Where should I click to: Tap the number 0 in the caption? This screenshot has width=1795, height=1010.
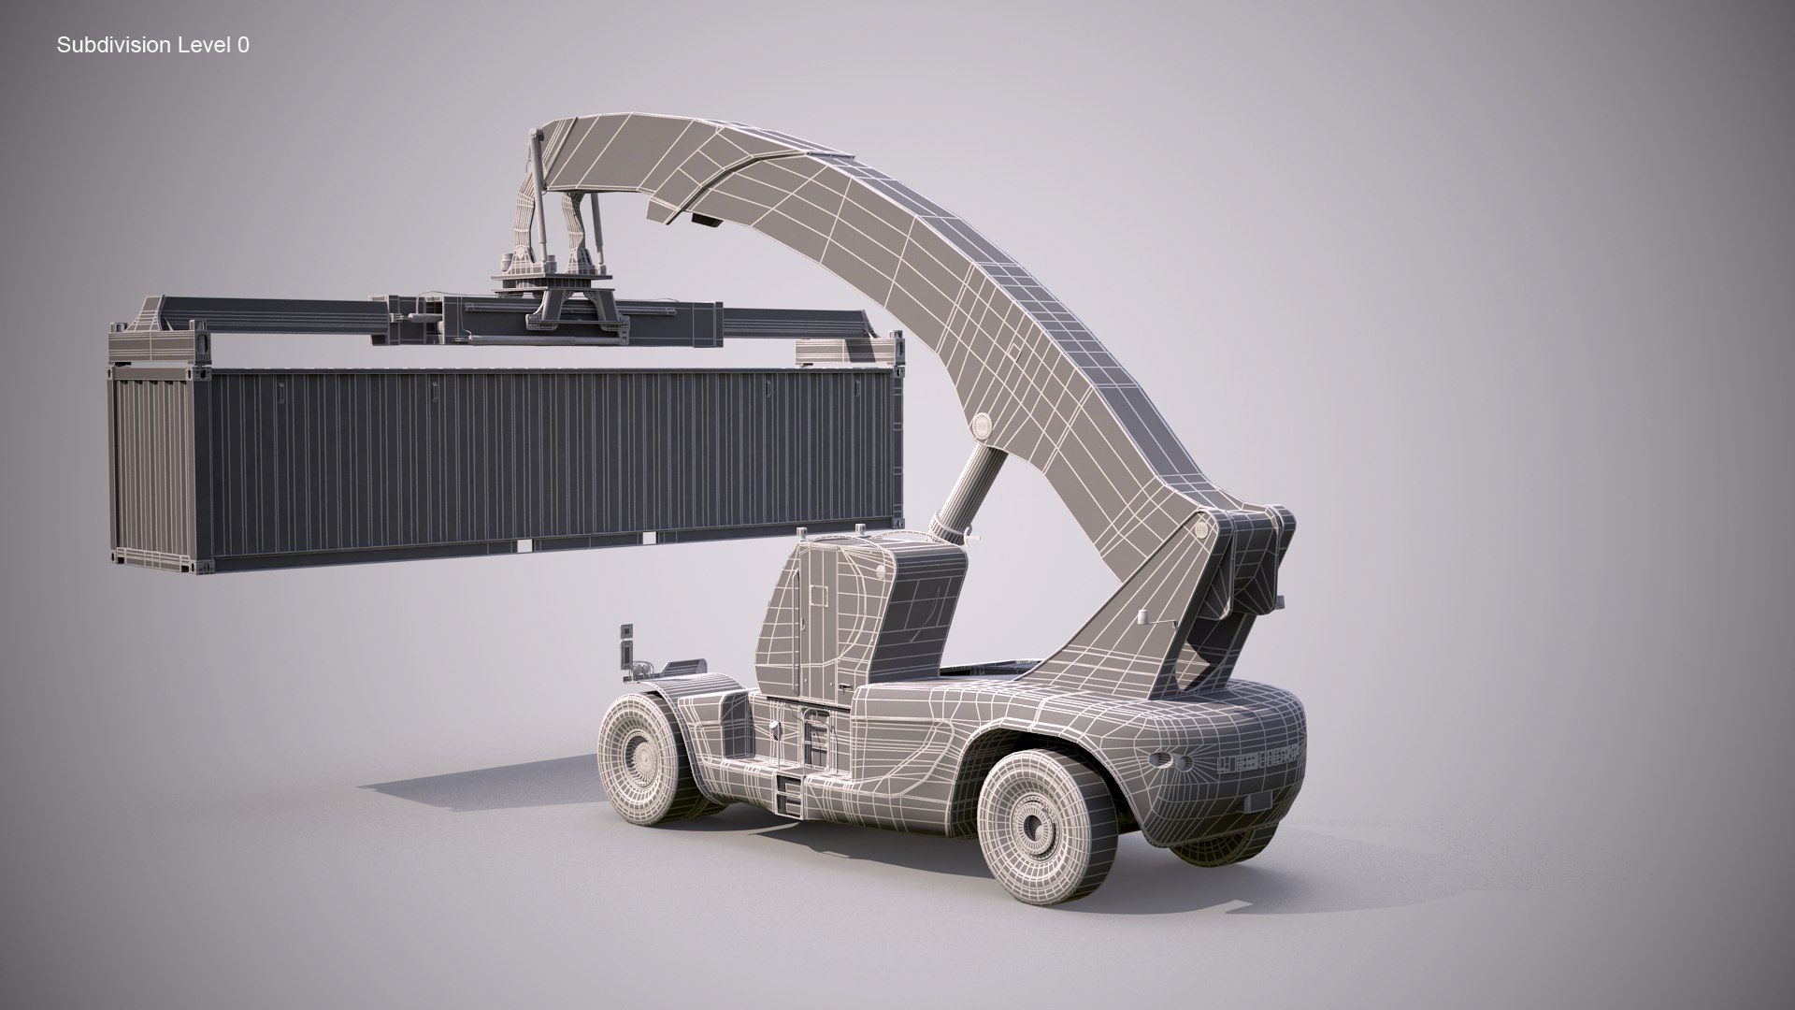click(x=244, y=45)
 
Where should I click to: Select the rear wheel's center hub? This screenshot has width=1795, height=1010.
click(x=1032, y=824)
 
